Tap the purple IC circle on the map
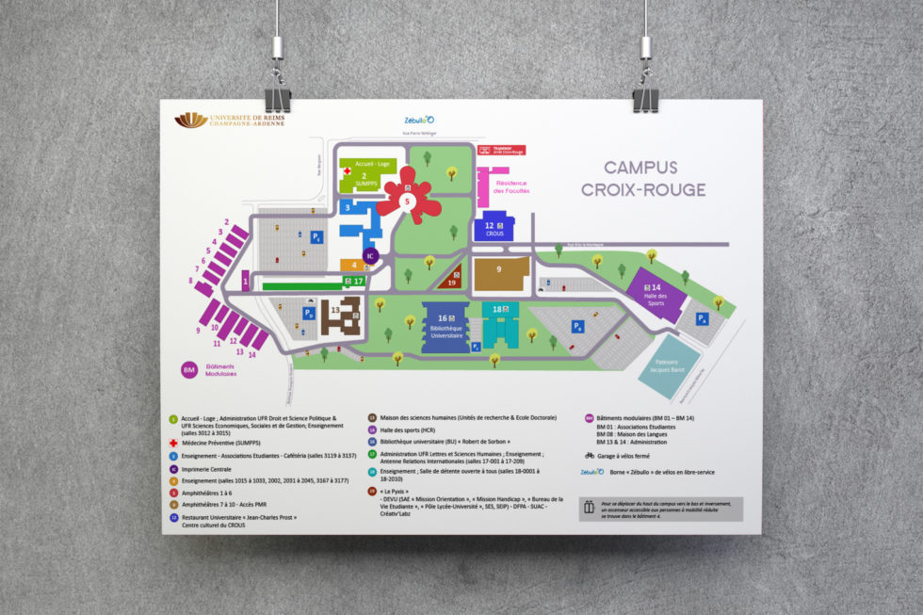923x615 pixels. pyautogui.click(x=370, y=255)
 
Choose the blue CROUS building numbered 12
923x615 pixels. pyautogui.click(x=494, y=228)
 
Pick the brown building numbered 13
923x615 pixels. pyautogui.click(x=339, y=316)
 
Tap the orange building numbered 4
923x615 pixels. pyautogui.click(x=353, y=265)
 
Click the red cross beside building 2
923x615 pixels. pyautogui.click(x=348, y=172)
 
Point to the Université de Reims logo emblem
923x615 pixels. pyautogui.click(x=192, y=120)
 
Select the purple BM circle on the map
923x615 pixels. pyautogui.click(x=189, y=370)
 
